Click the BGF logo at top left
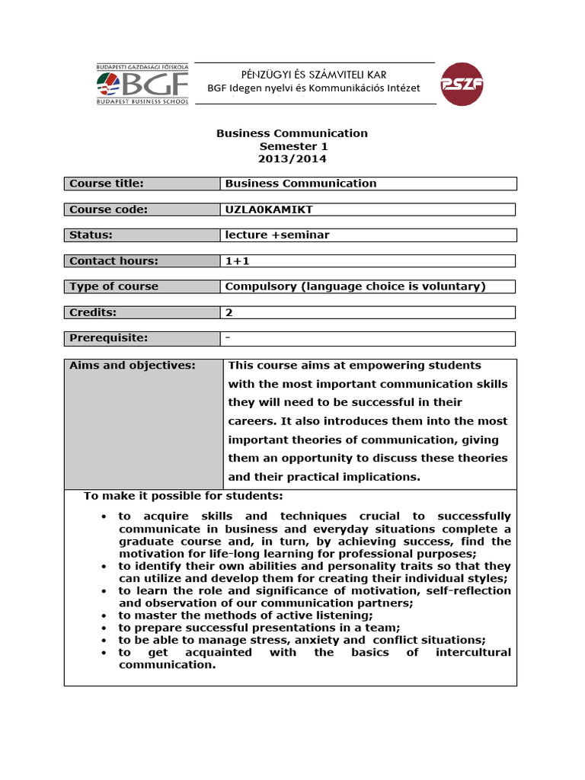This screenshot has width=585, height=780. click(x=142, y=85)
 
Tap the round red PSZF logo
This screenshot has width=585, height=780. click(x=462, y=85)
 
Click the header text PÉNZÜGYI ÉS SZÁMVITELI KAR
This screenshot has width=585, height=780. click(x=313, y=74)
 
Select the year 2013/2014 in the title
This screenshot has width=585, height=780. click(x=292, y=159)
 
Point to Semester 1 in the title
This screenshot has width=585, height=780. click(x=292, y=146)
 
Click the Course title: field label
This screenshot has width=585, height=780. click(x=107, y=184)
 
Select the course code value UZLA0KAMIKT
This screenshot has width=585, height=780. click(x=269, y=209)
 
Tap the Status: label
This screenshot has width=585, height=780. click(x=91, y=235)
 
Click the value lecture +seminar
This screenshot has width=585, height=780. click(x=277, y=235)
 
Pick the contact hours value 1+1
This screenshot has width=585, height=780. click(x=238, y=261)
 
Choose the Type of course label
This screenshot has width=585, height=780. click(x=114, y=287)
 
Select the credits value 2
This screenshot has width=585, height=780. click(x=229, y=313)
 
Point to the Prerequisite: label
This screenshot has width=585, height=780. click(x=109, y=338)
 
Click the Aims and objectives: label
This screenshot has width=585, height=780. click(x=133, y=366)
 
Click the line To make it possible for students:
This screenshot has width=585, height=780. click(x=184, y=497)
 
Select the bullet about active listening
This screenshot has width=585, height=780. click(x=245, y=615)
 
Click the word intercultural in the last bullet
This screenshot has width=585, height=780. click(x=473, y=653)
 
